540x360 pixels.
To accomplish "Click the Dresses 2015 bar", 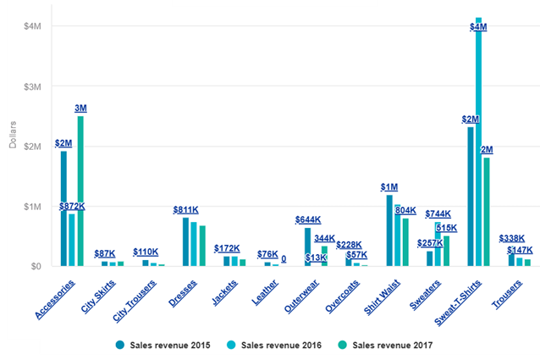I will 185,241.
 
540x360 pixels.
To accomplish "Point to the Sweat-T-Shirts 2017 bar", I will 487,212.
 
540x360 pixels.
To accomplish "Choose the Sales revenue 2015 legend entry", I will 160,346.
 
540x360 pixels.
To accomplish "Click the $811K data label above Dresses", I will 185,210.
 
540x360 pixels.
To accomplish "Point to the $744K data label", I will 438,214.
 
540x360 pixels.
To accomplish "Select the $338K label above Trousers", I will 510,239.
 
